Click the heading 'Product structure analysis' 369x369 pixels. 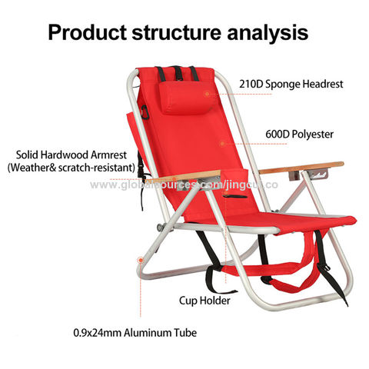178,33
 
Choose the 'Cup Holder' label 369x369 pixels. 204,301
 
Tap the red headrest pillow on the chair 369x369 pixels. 180,95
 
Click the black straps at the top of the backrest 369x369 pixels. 177,74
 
